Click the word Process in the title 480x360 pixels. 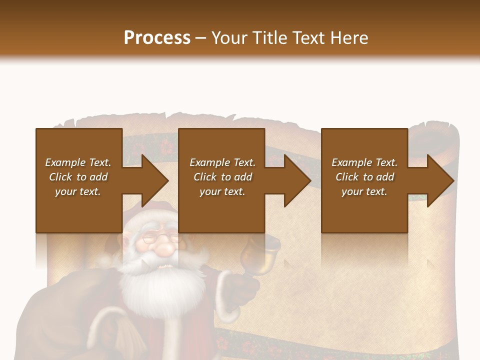click(x=157, y=38)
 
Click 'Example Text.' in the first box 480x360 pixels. click(x=78, y=162)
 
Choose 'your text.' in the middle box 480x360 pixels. click(x=222, y=191)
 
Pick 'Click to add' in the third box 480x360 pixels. click(x=364, y=177)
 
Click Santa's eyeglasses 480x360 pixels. click(x=159, y=238)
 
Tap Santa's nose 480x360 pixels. click(x=161, y=248)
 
